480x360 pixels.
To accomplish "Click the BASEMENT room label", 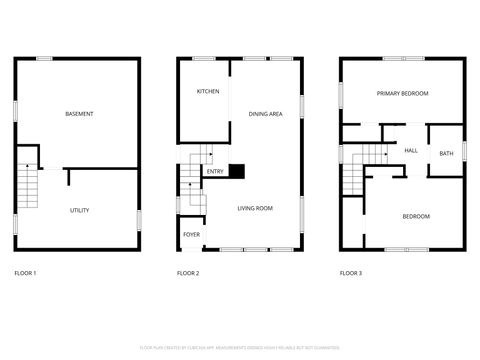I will (79, 114).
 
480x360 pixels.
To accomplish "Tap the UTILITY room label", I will (79, 210).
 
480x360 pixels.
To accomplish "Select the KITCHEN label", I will (207, 92).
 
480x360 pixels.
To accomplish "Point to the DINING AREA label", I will (265, 114).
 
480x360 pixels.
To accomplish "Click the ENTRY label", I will (215, 172).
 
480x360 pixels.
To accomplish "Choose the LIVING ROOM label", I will (255, 208).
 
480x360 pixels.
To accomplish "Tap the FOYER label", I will (191, 234).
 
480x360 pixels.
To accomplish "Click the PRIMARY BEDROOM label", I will (402, 93).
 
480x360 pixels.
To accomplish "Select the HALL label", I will (411, 151).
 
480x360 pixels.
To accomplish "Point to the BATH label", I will (446, 153).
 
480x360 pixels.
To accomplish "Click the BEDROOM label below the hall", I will (416, 216).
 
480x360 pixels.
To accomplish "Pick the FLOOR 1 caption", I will (25, 273).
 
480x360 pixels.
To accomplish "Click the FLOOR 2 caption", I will (188, 273).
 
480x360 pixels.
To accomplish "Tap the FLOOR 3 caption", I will (350, 273).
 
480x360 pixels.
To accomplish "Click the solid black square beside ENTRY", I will (237, 171).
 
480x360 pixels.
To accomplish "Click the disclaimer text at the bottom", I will (239, 347).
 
